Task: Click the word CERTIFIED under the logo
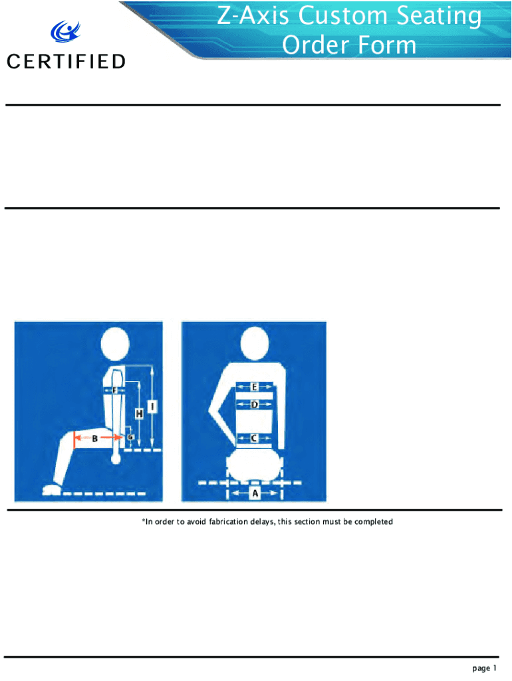(66, 62)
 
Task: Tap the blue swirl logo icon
(65, 31)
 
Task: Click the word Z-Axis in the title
(253, 16)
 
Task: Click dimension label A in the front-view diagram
(255, 493)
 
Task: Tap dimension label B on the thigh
(94, 439)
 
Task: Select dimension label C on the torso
(254, 438)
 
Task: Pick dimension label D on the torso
(255, 405)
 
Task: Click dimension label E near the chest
(255, 386)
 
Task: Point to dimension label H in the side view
(139, 414)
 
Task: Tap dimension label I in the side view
(152, 407)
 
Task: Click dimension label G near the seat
(130, 437)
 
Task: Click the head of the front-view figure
(255, 344)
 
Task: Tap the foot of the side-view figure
(52, 490)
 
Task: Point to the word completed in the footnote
(374, 521)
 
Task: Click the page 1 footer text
(484, 668)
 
